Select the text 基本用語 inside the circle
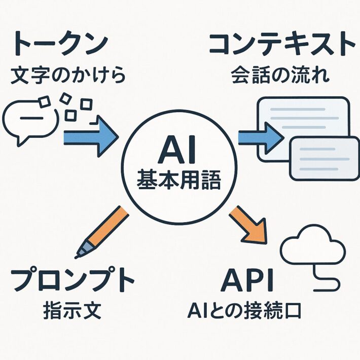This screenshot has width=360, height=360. click(179, 181)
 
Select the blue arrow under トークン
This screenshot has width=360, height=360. click(90, 135)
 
